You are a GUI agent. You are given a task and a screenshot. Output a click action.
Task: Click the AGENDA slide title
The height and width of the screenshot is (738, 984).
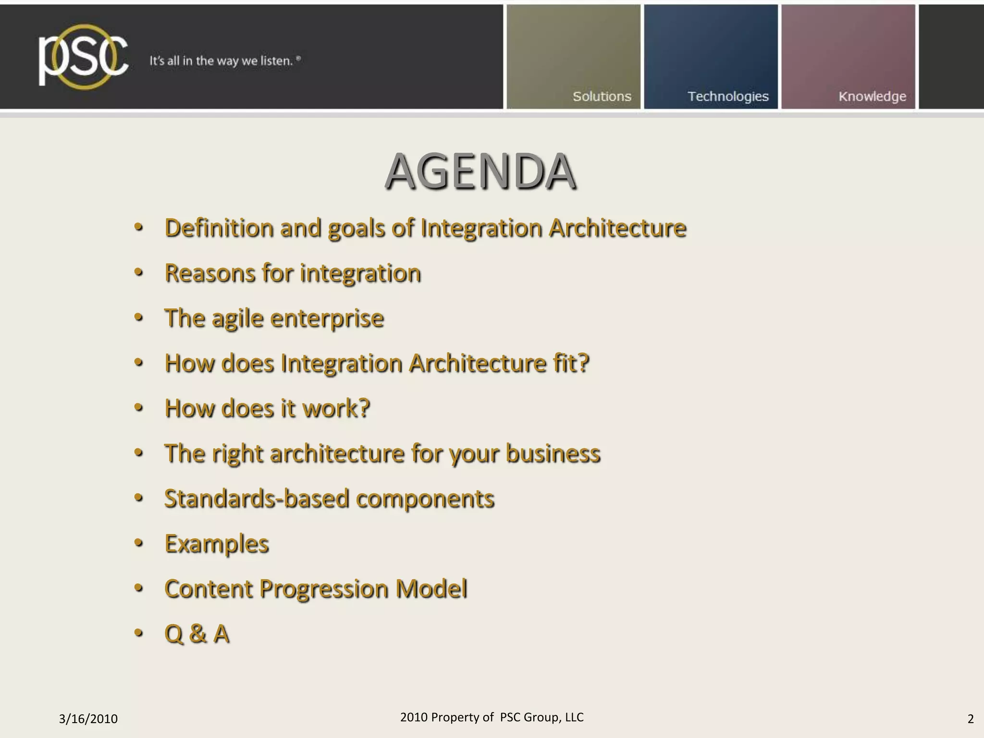480,172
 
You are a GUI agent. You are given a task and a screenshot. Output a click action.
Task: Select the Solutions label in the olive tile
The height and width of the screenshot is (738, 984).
602,97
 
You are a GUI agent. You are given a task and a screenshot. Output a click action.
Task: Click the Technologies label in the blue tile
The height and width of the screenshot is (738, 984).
728,97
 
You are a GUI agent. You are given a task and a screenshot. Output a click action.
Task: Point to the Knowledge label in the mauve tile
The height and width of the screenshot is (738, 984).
872,97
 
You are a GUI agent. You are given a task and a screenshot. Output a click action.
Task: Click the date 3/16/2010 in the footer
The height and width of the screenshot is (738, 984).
88,719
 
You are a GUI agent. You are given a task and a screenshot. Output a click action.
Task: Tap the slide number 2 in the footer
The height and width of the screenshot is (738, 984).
970,719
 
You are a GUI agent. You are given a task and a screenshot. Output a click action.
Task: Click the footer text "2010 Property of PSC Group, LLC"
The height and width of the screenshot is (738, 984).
492,717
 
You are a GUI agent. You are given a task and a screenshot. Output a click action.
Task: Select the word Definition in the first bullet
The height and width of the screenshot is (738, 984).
219,228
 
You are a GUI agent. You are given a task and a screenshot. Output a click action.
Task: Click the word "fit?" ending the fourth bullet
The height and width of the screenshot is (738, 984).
570,363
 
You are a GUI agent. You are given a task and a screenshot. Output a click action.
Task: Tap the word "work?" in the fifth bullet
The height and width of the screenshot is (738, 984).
336,408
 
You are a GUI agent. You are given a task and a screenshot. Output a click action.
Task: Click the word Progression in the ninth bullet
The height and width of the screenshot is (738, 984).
323,589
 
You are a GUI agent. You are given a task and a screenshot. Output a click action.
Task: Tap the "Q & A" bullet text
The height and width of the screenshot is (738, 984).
197,634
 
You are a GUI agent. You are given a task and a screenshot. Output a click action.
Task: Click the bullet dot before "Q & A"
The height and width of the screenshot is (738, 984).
139,633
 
